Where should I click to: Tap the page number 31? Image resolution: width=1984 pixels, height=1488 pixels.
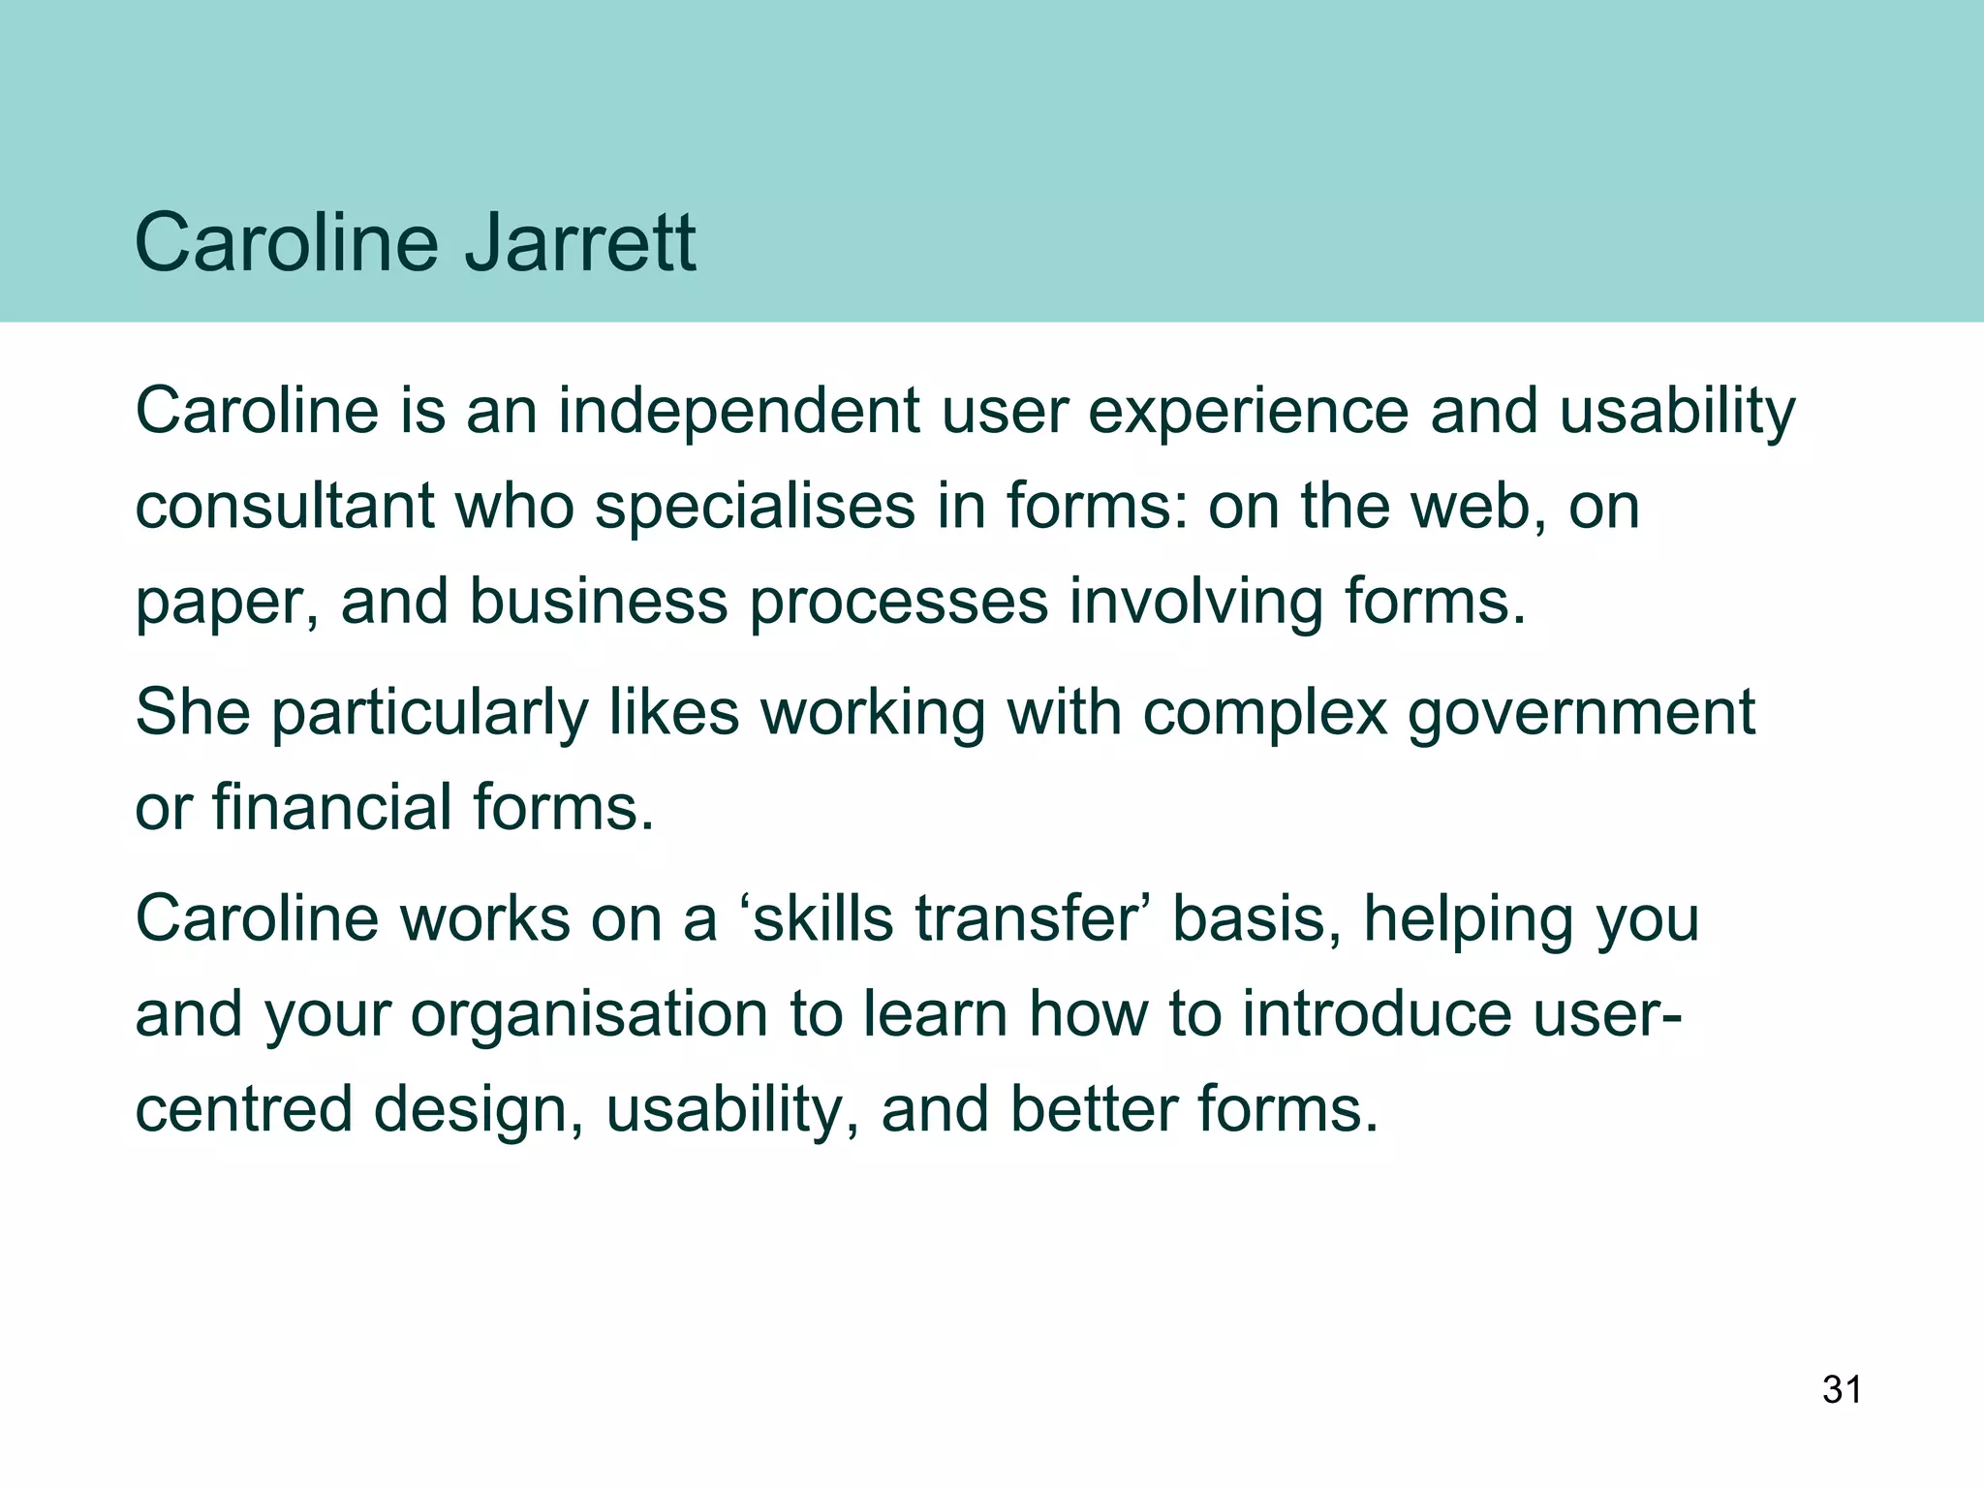pos(1842,1389)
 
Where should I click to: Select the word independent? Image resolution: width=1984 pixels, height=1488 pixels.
pos(738,411)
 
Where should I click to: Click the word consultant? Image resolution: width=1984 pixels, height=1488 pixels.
pos(284,506)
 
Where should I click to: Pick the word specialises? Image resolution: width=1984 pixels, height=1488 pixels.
pos(755,508)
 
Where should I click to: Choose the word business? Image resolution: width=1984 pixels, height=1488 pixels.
pos(598,601)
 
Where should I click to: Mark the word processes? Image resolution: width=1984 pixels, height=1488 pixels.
pos(899,603)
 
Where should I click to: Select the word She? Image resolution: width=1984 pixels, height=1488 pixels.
pos(192,712)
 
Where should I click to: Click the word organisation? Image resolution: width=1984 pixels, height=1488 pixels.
pos(588,1015)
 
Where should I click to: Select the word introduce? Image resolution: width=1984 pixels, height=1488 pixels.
pos(1377,1013)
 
